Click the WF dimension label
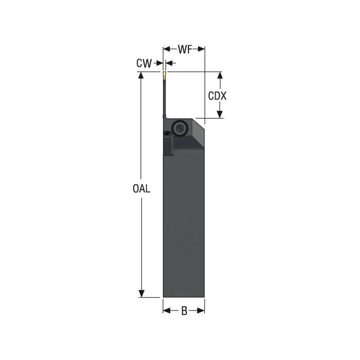pyautogui.click(x=184, y=49)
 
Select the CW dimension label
pyautogui.click(x=144, y=64)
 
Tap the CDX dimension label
pyautogui.click(x=217, y=96)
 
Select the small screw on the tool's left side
pyautogui.click(x=167, y=134)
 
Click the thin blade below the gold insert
pyautogui.click(x=163, y=97)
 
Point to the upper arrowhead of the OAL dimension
pyautogui.click(x=141, y=76)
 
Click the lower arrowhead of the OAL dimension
pyautogui.click(x=141, y=293)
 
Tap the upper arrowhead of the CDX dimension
pyautogui.click(x=220, y=75)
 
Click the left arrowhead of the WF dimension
pyautogui.click(x=166, y=49)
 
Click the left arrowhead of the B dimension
pyautogui.click(x=166, y=311)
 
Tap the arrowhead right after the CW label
pyautogui.click(x=159, y=64)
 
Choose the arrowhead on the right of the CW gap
pyautogui.click(x=169, y=64)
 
